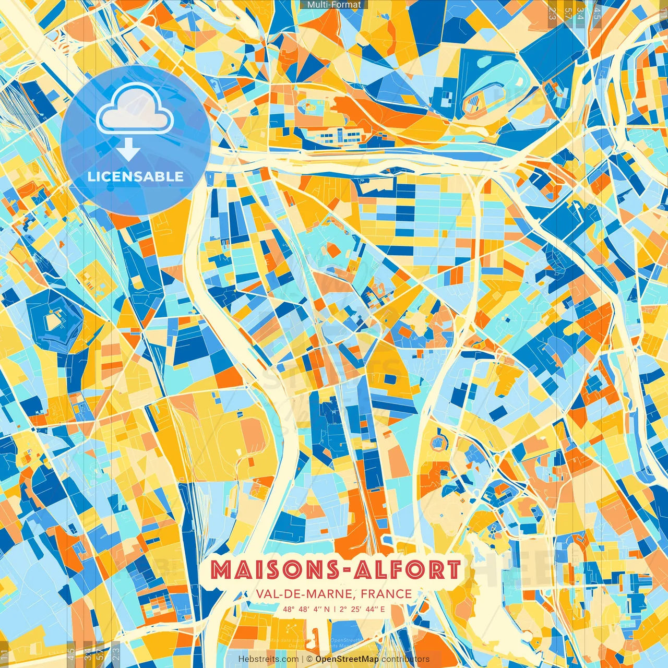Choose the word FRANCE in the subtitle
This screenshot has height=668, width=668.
(386, 594)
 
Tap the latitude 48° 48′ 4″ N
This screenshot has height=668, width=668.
(306, 609)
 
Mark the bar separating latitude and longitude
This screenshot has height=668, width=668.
(334, 609)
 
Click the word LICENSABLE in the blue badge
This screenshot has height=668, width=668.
(136, 176)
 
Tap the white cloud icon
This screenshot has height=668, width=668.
(135, 108)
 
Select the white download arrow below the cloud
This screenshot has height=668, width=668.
(128, 150)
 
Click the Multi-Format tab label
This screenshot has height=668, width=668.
(334, 5)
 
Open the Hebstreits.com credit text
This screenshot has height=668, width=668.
(268, 659)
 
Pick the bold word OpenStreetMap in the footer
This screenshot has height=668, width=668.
(347, 659)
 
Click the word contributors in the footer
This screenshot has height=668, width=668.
(405, 659)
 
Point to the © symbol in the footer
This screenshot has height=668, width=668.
(309, 659)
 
